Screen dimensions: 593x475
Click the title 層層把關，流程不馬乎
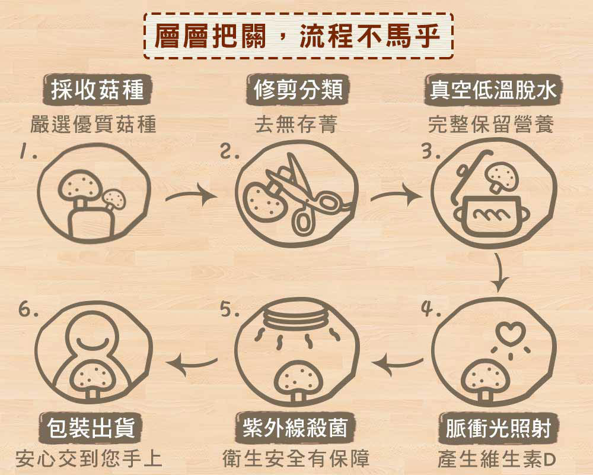pyautogui.click(x=298, y=36)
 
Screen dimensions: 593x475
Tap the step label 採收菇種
pyautogui.click(x=97, y=90)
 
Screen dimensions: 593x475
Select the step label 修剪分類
pyautogui.click(x=298, y=90)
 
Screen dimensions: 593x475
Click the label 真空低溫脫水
pyautogui.click(x=493, y=90)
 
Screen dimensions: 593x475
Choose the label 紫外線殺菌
pyautogui.click(x=295, y=427)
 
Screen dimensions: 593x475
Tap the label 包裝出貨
pyautogui.click(x=91, y=427)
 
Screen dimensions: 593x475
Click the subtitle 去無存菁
pyautogui.click(x=296, y=124)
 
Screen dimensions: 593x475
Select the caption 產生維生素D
pyautogui.click(x=496, y=459)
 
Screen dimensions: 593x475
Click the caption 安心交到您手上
pyautogui.click(x=90, y=458)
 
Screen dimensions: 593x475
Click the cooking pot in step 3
pyautogui.click(x=492, y=216)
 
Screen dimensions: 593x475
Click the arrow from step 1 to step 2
pyautogui.click(x=192, y=195)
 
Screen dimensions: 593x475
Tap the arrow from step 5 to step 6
pyautogui.click(x=192, y=363)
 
